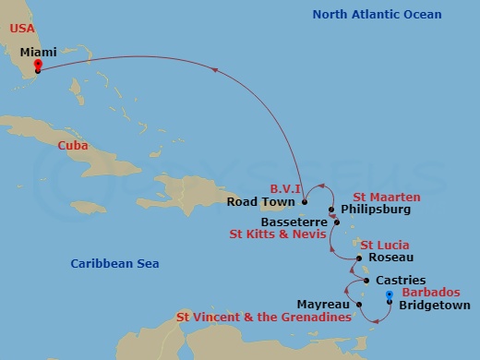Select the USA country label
point(21,29)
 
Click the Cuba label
point(73,146)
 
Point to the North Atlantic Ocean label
point(377,14)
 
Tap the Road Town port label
point(263,202)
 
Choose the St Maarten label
point(387,197)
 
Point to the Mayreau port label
point(323,303)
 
